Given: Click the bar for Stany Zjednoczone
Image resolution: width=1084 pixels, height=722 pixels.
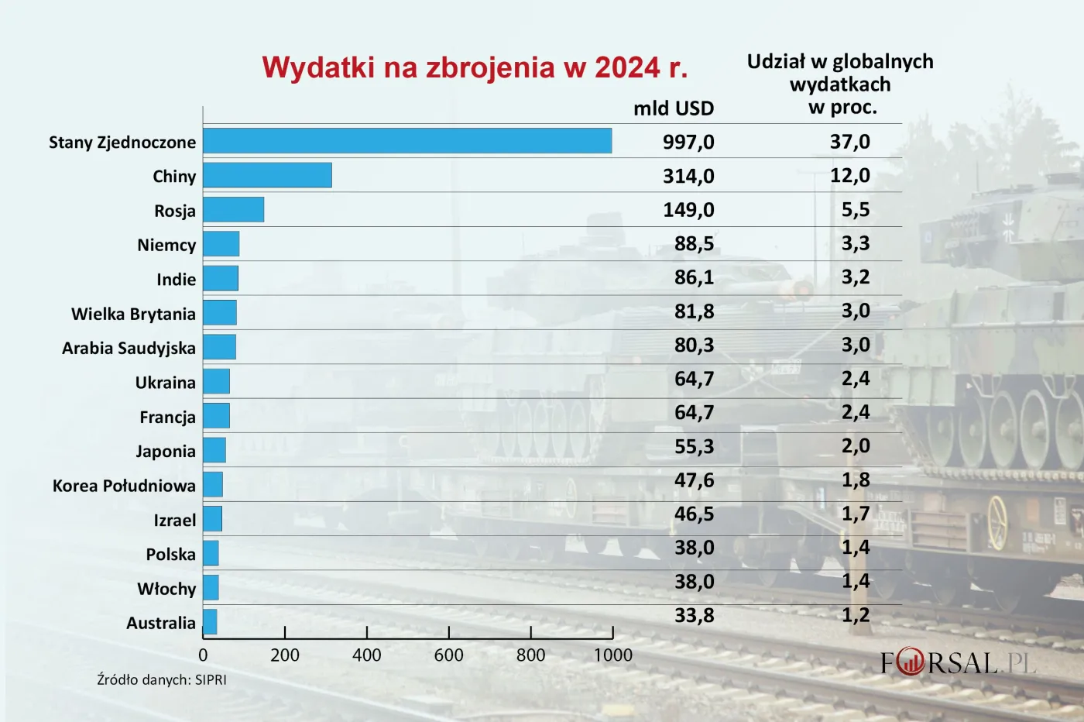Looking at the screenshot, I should tap(407, 141).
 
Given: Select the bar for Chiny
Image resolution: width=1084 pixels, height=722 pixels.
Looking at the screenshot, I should tap(267, 175).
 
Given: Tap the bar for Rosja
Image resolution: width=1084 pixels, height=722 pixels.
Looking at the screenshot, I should tap(233, 209).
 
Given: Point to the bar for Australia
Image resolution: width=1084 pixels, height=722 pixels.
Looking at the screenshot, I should tap(210, 621).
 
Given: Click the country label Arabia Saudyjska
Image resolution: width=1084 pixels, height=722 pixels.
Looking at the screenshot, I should tap(129, 348).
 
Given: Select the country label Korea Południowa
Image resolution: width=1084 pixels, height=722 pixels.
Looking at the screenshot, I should tap(124, 486).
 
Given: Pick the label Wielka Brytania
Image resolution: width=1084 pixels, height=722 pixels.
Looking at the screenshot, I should tap(133, 314).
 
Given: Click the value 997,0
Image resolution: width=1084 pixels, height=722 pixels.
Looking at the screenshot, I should tap(688, 142).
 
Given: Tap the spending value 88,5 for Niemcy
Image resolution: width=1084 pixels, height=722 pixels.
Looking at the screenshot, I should tap(694, 243).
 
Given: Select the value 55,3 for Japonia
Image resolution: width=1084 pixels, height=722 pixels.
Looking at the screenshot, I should tap(694, 446).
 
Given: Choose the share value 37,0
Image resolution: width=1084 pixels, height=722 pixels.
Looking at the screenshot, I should tap(849, 142).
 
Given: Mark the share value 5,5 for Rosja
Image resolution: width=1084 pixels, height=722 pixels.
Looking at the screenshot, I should tap(855, 209).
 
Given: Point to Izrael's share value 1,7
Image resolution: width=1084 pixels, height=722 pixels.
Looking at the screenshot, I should tap(855, 514).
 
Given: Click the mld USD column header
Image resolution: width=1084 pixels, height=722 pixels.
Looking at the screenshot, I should tap(673, 108).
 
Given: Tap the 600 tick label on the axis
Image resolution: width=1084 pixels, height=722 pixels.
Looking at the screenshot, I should tap(448, 655).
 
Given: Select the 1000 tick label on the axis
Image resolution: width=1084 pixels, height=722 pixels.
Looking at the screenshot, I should tap(612, 655).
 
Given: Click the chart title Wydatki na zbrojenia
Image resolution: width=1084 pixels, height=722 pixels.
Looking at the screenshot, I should tap(474, 68).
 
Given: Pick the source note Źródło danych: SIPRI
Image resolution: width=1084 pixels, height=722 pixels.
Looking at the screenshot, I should tap(162, 679).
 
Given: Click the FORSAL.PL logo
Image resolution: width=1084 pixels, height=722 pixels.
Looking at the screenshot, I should tap(957, 663).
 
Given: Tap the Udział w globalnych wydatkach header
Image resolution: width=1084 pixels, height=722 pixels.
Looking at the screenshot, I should tap(840, 84).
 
